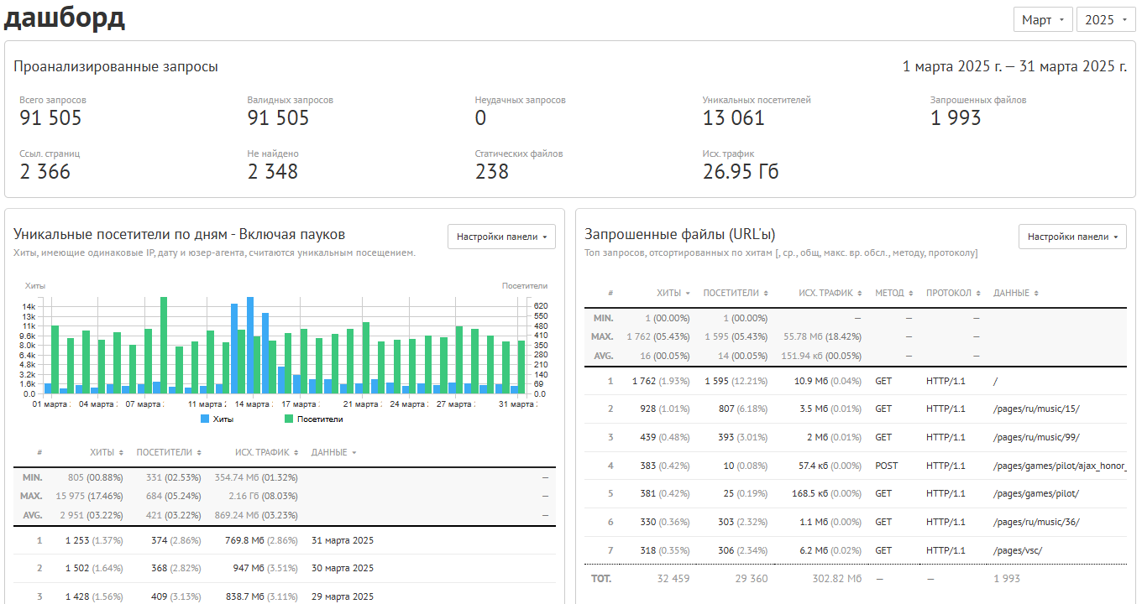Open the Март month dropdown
tap(1043, 20)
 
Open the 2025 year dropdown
tap(1105, 20)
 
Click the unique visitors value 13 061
tap(733, 118)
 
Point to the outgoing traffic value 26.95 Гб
tap(741, 172)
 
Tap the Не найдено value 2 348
tap(272, 172)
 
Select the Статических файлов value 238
tap(491, 172)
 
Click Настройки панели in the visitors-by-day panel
tap(501, 237)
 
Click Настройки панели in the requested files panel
tap(1072, 237)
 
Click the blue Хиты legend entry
tap(217, 419)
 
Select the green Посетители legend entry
tap(313, 419)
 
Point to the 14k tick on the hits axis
tap(29, 306)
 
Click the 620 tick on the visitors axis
tap(541, 306)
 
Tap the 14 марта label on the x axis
tap(252, 404)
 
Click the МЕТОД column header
tap(889, 293)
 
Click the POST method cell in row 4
tap(887, 466)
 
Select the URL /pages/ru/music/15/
tap(1036, 409)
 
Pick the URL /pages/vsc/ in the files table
tap(1018, 550)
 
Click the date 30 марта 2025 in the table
tap(343, 568)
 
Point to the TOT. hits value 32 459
tap(673, 579)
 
